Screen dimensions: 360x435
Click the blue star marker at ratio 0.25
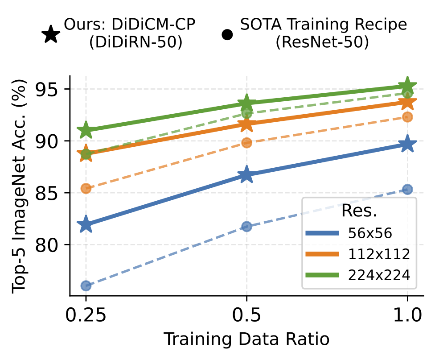[86, 225]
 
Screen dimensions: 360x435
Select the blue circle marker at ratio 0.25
[86, 286]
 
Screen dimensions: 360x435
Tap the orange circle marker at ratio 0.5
[246, 143]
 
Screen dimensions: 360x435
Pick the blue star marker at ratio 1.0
[407, 144]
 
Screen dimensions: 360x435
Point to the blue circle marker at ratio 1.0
[407, 190]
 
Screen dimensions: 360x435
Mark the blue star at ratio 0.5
[246, 175]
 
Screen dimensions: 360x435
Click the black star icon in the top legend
[51, 35]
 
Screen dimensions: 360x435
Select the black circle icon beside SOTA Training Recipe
[227, 35]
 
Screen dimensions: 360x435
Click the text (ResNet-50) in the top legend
[323, 43]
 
